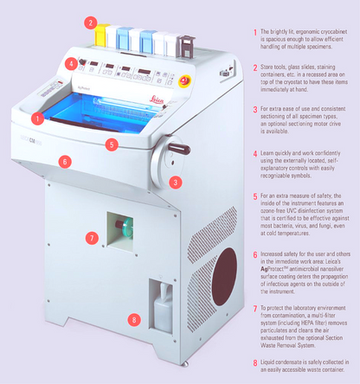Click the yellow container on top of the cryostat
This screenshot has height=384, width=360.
(x=101, y=38)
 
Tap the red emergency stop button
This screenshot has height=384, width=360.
(x=183, y=80)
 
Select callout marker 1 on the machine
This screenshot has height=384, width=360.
(x=36, y=117)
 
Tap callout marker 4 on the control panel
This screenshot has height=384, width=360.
(x=69, y=64)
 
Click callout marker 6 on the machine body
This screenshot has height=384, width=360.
(x=63, y=160)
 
